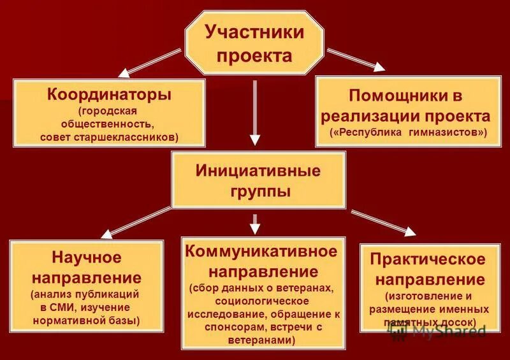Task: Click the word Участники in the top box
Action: [254, 32]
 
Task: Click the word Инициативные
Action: [258, 170]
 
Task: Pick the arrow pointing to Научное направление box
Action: [137, 222]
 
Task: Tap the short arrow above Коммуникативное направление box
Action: [255, 223]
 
